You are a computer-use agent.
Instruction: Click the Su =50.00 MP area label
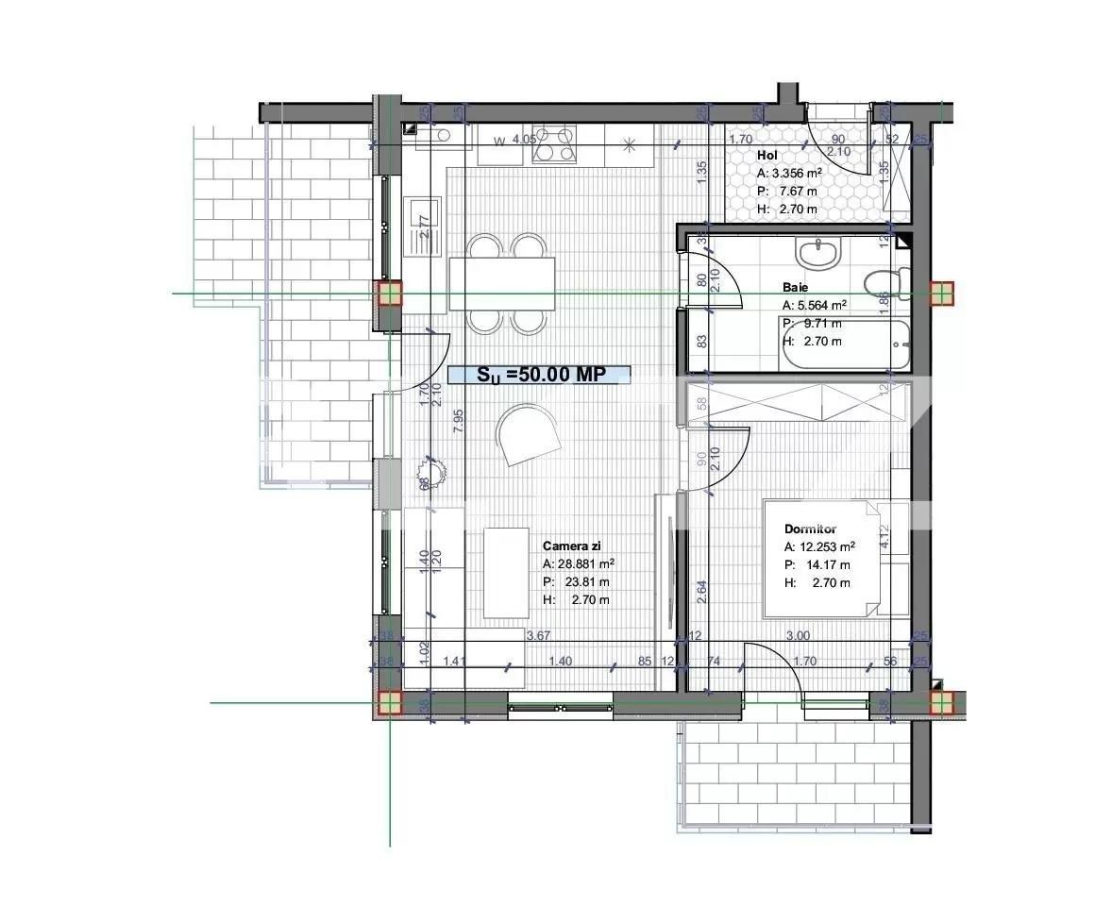(x=539, y=375)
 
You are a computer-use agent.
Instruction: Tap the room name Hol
(x=767, y=154)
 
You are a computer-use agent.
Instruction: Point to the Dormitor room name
(x=811, y=529)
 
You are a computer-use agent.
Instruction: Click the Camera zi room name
(x=572, y=546)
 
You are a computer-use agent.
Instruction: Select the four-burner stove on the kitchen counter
(x=554, y=143)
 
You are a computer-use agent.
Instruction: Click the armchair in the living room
(x=529, y=434)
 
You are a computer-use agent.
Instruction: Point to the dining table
(x=502, y=283)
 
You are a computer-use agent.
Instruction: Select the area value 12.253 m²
(x=828, y=546)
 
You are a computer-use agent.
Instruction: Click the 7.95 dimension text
(x=458, y=420)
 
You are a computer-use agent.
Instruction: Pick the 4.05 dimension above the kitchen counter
(x=524, y=139)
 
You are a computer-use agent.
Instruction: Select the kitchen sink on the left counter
(x=423, y=227)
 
